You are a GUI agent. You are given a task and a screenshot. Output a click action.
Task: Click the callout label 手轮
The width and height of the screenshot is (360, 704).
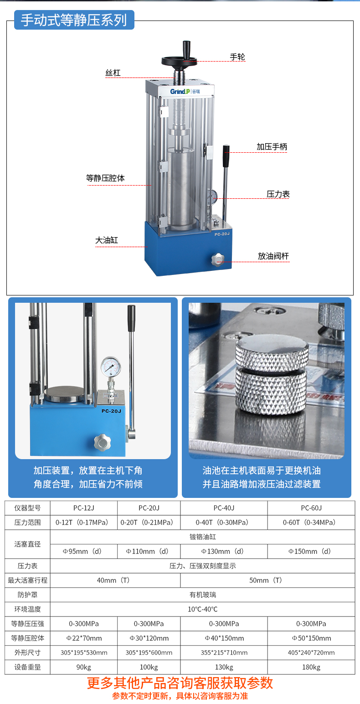tap(237, 57)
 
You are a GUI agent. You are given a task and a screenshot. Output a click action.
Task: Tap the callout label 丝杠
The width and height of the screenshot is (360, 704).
tap(113, 73)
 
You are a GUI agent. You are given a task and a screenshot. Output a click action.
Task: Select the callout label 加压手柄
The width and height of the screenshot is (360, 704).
tap(272, 147)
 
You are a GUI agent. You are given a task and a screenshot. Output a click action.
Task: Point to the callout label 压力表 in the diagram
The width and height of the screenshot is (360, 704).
tap(278, 194)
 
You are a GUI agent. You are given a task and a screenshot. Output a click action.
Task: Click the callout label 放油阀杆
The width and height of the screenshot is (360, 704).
tap(273, 256)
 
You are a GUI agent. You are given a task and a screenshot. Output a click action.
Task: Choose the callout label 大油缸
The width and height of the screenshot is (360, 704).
tap(107, 240)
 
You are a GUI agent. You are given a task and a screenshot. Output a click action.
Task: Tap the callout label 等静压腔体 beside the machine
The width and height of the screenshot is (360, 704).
tap(105, 178)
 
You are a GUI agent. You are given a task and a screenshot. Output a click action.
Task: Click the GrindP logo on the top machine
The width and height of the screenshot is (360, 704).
tap(185, 92)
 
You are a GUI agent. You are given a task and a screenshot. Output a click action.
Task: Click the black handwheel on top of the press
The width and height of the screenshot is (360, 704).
tap(180, 60)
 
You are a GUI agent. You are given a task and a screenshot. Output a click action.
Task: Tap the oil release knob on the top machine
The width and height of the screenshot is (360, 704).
tap(218, 259)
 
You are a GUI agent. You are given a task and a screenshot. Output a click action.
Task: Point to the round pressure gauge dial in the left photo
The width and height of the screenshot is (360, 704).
tap(111, 367)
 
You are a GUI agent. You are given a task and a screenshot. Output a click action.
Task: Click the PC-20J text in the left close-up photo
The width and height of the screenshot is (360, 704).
tap(111, 411)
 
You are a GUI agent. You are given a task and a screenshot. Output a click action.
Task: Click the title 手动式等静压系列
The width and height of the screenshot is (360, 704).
tap(74, 20)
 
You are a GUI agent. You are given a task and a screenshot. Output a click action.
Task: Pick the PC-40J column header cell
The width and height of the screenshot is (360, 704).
tap(224, 508)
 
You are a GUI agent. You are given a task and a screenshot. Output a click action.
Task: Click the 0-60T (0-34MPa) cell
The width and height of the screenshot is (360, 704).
tap(311, 523)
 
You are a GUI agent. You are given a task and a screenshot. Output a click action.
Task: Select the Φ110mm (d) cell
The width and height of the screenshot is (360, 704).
tap(149, 551)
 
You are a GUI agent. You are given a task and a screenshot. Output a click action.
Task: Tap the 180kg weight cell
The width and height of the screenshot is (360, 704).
tap(311, 667)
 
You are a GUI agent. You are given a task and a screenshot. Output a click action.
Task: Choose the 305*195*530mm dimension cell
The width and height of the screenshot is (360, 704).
tap(84, 652)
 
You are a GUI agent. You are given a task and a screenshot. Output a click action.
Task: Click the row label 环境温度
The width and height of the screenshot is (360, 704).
tap(28, 609)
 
